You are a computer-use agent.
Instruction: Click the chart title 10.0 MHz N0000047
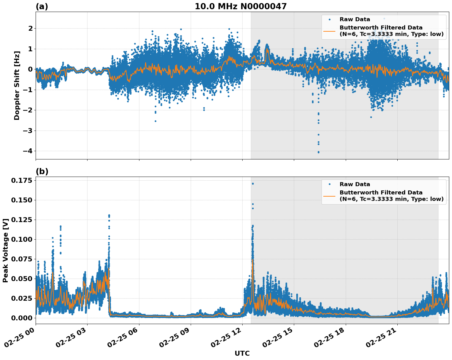coord(240,6)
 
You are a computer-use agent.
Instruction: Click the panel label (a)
coord(42,6)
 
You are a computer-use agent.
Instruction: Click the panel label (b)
coord(42,171)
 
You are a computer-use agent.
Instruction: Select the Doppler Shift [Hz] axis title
coord(17,85)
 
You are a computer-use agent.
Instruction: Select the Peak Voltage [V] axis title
coord(6,250)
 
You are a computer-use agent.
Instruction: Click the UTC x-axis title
coord(242,353)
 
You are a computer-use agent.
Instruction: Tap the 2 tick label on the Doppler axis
coord(30,29)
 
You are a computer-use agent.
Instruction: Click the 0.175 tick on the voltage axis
coord(21,180)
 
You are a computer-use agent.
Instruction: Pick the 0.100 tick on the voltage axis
coord(21,239)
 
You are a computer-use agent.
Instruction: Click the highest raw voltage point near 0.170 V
coord(253,184)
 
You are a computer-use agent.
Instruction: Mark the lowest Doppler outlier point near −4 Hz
coord(318,152)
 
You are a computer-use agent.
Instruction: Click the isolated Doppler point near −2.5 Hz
coord(155,121)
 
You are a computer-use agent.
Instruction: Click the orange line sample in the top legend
coord(329,31)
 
